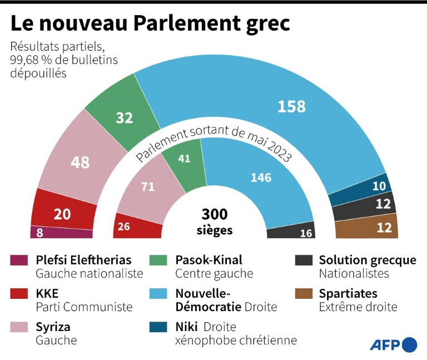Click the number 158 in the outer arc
(x=291, y=106)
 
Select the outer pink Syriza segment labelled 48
(x=80, y=162)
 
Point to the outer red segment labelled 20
(x=62, y=214)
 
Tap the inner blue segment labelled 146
(x=260, y=177)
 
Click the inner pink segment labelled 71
(x=147, y=187)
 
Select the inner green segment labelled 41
(x=184, y=159)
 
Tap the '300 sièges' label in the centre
(x=214, y=221)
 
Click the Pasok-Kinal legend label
(x=208, y=260)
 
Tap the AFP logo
(x=393, y=344)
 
